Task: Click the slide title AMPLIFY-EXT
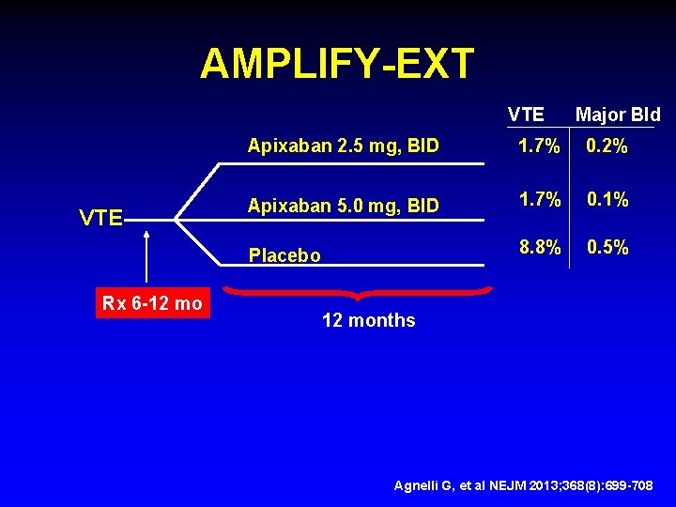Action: click(337, 64)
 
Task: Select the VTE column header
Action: click(526, 115)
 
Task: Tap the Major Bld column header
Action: click(617, 115)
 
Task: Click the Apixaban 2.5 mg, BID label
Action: click(343, 146)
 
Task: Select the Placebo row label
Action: click(284, 255)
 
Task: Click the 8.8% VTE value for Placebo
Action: click(541, 248)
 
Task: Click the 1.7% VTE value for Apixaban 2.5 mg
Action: click(541, 146)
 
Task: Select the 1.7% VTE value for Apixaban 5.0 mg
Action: click(541, 199)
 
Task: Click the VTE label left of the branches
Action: click(100, 219)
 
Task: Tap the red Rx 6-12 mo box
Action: click(152, 303)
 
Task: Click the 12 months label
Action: click(368, 320)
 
